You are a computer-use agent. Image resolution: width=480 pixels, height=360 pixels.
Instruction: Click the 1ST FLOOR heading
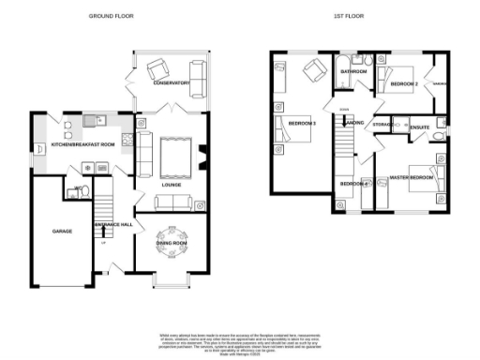click(x=348, y=16)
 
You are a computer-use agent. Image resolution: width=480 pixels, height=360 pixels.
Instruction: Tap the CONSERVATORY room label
click(x=172, y=83)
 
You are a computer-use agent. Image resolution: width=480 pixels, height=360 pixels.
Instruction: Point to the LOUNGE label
click(x=171, y=185)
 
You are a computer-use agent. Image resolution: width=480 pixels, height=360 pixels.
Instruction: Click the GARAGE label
click(x=62, y=230)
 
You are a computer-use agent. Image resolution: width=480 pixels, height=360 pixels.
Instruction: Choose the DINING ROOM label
click(x=172, y=243)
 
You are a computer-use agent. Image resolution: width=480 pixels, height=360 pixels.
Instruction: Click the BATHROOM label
click(x=353, y=71)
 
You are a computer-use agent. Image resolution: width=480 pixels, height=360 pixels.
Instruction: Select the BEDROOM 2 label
click(x=404, y=84)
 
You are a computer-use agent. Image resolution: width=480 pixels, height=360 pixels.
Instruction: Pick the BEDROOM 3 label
click(x=302, y=124)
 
